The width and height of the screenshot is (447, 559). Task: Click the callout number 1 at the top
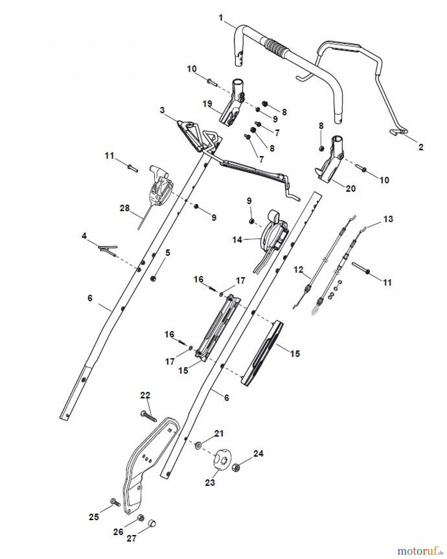[x=221, y=18]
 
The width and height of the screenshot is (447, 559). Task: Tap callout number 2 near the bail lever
[x=421, y=147]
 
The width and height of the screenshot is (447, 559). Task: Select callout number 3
[x=162, y=111]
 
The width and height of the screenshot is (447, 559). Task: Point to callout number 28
[x=125, y=208]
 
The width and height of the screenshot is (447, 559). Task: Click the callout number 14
[x=237, y=240]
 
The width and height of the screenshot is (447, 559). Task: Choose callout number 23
[x=210, y=482]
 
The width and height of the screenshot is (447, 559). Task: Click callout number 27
[x=131, y=538]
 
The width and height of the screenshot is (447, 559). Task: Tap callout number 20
[x=351, y=189]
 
